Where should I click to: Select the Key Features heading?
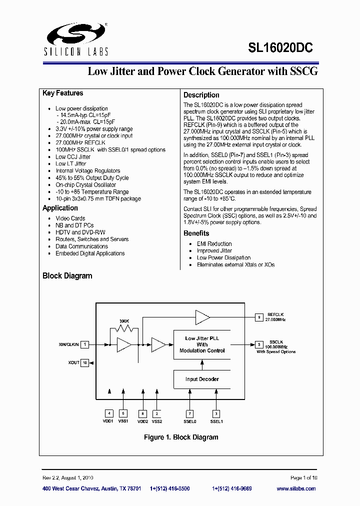click(63, 93)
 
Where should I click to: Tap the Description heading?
click(201, 95)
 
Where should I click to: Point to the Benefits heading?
click(196, 233)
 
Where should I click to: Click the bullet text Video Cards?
click(70, 218)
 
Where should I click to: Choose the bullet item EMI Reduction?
click(214, 244)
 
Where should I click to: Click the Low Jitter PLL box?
click(202, 344)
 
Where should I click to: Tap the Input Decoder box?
click(202, 379)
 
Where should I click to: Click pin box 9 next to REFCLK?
click(259, 317)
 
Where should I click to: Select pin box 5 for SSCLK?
click(259, 344)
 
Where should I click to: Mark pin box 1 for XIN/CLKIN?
click(85, 344)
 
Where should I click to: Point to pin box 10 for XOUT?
click(85, 362)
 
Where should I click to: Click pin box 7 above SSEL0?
click(189, 413)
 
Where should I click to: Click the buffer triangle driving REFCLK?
click(202, 317)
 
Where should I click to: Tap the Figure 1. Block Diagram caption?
click(181, 437)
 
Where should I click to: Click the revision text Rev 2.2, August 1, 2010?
click(67, 478)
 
